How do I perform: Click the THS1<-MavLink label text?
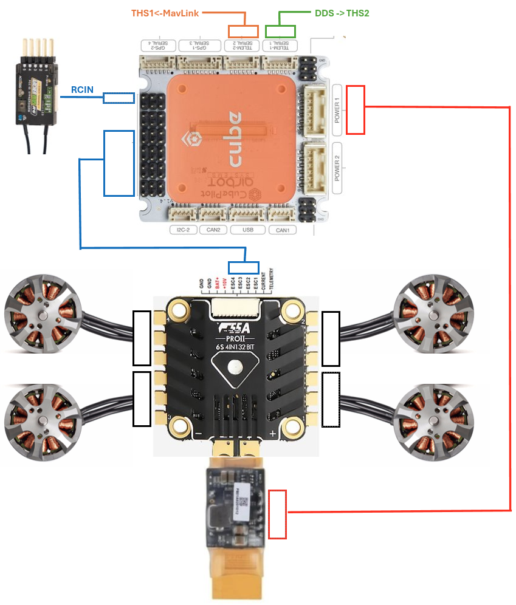pos(165,12)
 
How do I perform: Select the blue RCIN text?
pos(82,90)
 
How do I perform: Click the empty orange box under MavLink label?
pos(243,32)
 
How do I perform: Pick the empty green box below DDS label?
pos(280,32)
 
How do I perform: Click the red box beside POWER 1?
pos(355,110)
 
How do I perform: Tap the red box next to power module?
pos(277,514)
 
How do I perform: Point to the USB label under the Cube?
pos(247,230)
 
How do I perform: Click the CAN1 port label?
pos(283,230)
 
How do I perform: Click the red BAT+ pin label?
pos(218,283)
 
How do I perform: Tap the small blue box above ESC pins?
pos(243,268)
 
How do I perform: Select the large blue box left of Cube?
pos(119,163)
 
